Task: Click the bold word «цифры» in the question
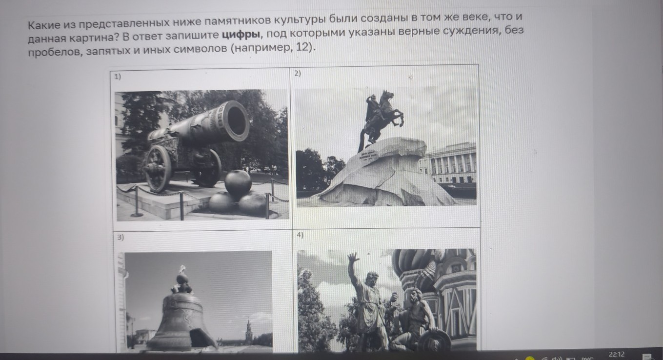pos(241,34)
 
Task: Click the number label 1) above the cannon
pos(118,77)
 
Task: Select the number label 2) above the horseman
pos(298,73)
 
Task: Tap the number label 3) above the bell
pos(120,237)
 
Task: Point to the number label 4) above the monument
pos(300,235)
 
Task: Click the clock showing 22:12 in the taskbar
pos(616,354)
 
